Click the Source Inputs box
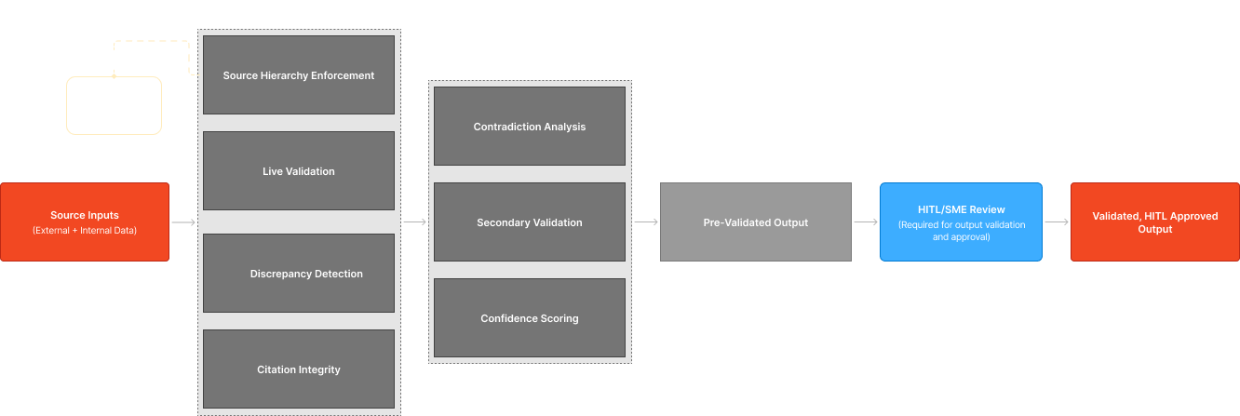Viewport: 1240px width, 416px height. [85, 221]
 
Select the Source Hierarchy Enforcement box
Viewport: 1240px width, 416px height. [299, 75]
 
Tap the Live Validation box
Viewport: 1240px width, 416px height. [299, 171]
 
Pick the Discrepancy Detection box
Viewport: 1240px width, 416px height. [299, 274]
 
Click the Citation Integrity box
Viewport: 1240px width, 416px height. [299, 369]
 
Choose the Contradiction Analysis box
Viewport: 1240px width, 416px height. [530, 127]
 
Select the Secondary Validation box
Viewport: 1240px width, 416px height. [530, 222]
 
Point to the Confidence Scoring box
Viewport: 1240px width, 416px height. [530, 318]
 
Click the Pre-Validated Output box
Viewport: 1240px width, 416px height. [756, 222]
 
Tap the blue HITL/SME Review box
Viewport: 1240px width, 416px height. [961, 221]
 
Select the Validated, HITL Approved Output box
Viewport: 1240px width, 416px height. [1154, 221]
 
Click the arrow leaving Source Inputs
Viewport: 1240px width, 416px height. [184, 222]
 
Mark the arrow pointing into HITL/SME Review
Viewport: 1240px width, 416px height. [866, 222]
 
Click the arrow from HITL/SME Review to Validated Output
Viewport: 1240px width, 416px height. [1057, 222]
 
